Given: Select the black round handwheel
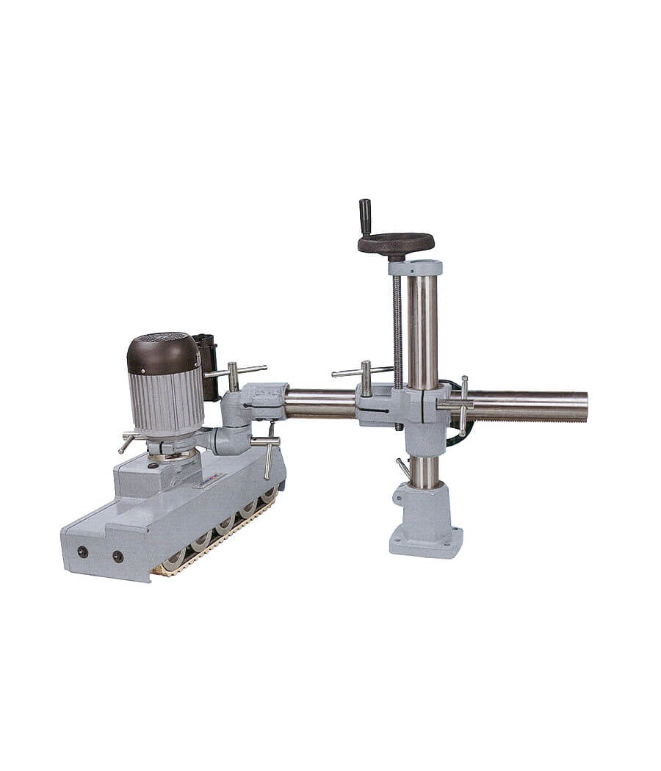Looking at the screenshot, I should pyautogui.click(x=396, y=242).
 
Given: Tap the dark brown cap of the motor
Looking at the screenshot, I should pyautogui.click(x=163, y=353).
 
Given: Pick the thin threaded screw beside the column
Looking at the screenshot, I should pyautogui.click(x=397, y=330).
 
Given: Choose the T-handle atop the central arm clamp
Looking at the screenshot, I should pyautogui.click(x=364, y=374).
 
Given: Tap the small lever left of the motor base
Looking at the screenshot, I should pyautogui.click(x=128, y=442).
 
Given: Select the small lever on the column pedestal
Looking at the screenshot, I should pyautogui.click(x=402, y=468).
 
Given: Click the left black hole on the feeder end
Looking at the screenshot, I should pyautogui.click(x=82, y=551).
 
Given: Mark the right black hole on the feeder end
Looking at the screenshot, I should pyautogui.click(x=118, y=557).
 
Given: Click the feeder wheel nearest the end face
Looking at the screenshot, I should pyautogui.click(x=174, y=561).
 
